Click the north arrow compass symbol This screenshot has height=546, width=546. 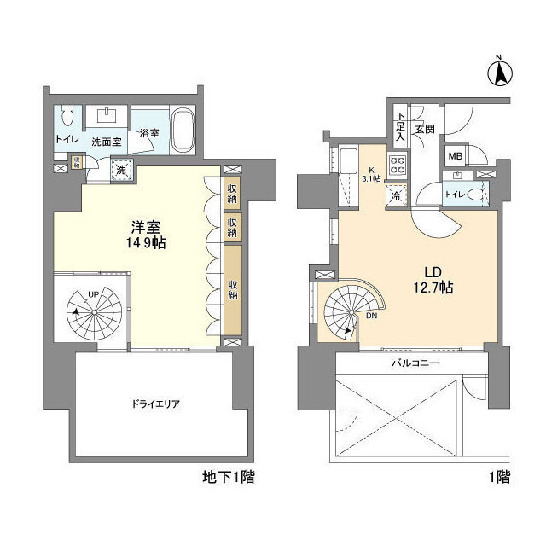(x=500, y=73)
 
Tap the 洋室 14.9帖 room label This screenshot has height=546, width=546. (x=146, y=235)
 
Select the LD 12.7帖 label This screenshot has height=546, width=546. (x=433, y=280)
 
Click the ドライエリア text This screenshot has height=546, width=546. (x=155, y=404)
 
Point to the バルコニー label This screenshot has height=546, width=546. (x=415, y=363)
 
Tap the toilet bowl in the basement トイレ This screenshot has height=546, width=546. (x=67, y=115)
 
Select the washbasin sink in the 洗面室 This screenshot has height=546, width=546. (x=107, y=116)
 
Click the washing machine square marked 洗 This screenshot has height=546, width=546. (x=121, y=171)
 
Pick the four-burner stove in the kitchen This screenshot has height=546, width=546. (x=398, y=165)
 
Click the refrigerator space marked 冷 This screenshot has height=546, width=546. (x=396, y=195)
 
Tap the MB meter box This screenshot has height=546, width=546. (x=455, y=156)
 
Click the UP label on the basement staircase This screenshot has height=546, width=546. (x=93, y=294)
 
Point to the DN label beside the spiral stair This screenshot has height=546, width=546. (x=372, y=317)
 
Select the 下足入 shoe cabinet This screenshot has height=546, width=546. (x=400, y=126)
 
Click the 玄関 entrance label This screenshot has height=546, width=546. (x=425, y=129)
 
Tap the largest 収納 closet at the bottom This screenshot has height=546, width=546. (x=233, y=290)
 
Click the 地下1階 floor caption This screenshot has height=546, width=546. (x=229, y=477)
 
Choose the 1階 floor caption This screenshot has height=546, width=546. (x=500, y=477)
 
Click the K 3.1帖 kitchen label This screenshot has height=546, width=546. (x=371, y=175)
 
